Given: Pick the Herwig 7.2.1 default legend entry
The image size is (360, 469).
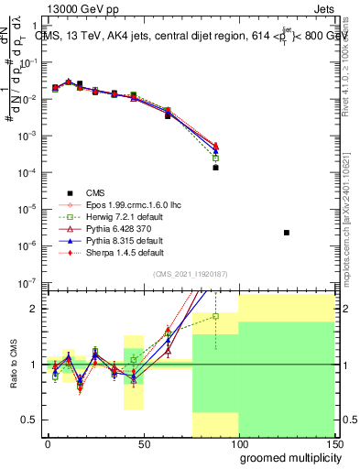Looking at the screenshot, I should point(125,216).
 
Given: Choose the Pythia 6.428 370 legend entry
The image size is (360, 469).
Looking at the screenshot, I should point(122,228).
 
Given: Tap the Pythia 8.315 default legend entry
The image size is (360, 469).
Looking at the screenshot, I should point(125,240).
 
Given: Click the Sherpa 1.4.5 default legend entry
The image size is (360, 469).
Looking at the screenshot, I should point(125,252).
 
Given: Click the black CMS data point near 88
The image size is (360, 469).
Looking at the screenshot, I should point(215,168).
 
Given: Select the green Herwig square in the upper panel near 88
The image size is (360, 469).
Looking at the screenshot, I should point(215,158).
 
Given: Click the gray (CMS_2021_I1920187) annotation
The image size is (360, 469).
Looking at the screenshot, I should point(190,274).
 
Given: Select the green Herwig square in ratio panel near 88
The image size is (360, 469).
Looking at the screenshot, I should point(215,316).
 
